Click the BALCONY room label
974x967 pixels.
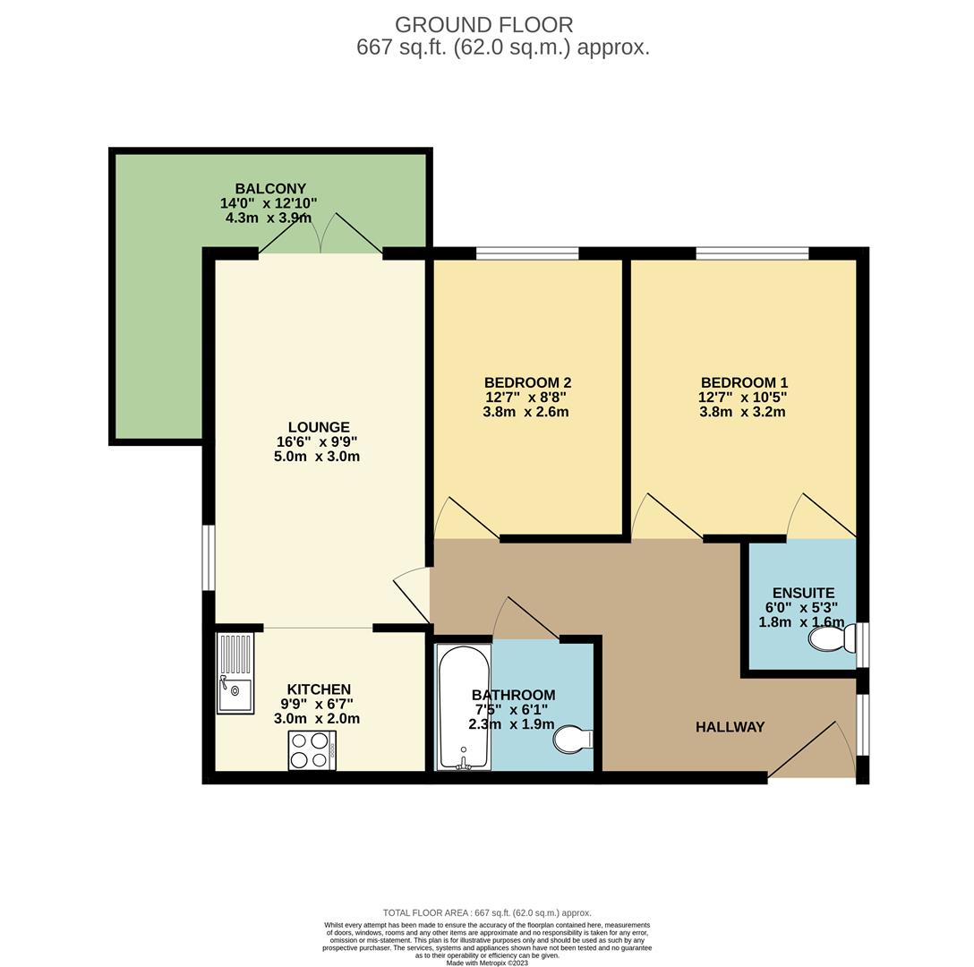[270, 189]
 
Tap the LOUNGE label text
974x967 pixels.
[319, 427]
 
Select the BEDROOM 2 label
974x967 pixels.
[527, 382]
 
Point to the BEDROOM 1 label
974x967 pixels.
[744, 382]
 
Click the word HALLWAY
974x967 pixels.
[730, 727]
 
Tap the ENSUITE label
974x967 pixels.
[803, 593]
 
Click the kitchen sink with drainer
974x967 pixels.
[235, 673]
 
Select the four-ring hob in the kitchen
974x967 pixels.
[312, 750]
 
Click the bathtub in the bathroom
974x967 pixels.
[464, 707]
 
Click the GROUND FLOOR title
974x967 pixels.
[483, 25]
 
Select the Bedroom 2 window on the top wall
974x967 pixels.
[527, 253]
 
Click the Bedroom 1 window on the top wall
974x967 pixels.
[752, 253]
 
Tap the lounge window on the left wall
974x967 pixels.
[209, 558]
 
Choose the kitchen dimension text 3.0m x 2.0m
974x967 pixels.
[319, 719]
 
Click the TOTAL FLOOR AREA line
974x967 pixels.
[487, 912]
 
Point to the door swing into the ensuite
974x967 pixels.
[819, 517]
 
